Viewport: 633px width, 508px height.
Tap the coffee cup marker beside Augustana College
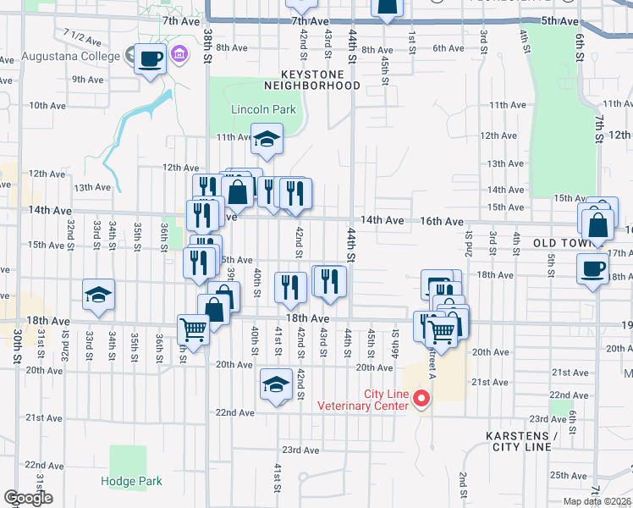click(150, 59)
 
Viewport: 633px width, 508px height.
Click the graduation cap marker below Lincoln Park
click(267, 139)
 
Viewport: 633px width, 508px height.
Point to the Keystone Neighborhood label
click(312, 80)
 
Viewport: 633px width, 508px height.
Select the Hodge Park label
click(130, 481)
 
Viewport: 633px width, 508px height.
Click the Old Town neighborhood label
click(566, 243)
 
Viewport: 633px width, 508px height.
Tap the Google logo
click(28, 498)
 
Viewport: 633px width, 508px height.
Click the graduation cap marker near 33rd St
click(98, 295)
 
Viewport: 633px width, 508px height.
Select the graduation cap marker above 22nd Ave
click(276, 385)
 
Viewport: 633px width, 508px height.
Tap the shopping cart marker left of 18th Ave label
click(193, 330)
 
